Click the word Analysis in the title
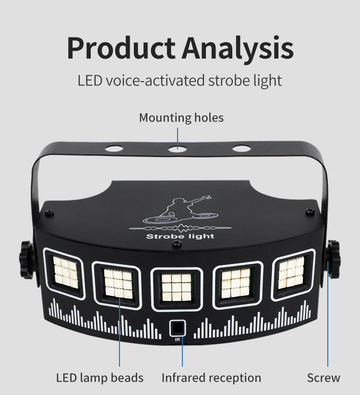(x=238, y=48)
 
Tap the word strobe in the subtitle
(x=227, y=80)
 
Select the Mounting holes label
(x=181, y=118)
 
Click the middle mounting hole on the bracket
(x=177, y=148)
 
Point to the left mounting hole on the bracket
(x=114, y=148)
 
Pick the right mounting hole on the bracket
(x=241, y=148)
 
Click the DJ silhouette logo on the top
(x=180, y=211)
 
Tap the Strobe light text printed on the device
(x=180, y=236)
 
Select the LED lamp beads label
(x=100, y=378)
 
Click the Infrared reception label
(x=211, y=378)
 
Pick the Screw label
(x=324, y=378)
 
